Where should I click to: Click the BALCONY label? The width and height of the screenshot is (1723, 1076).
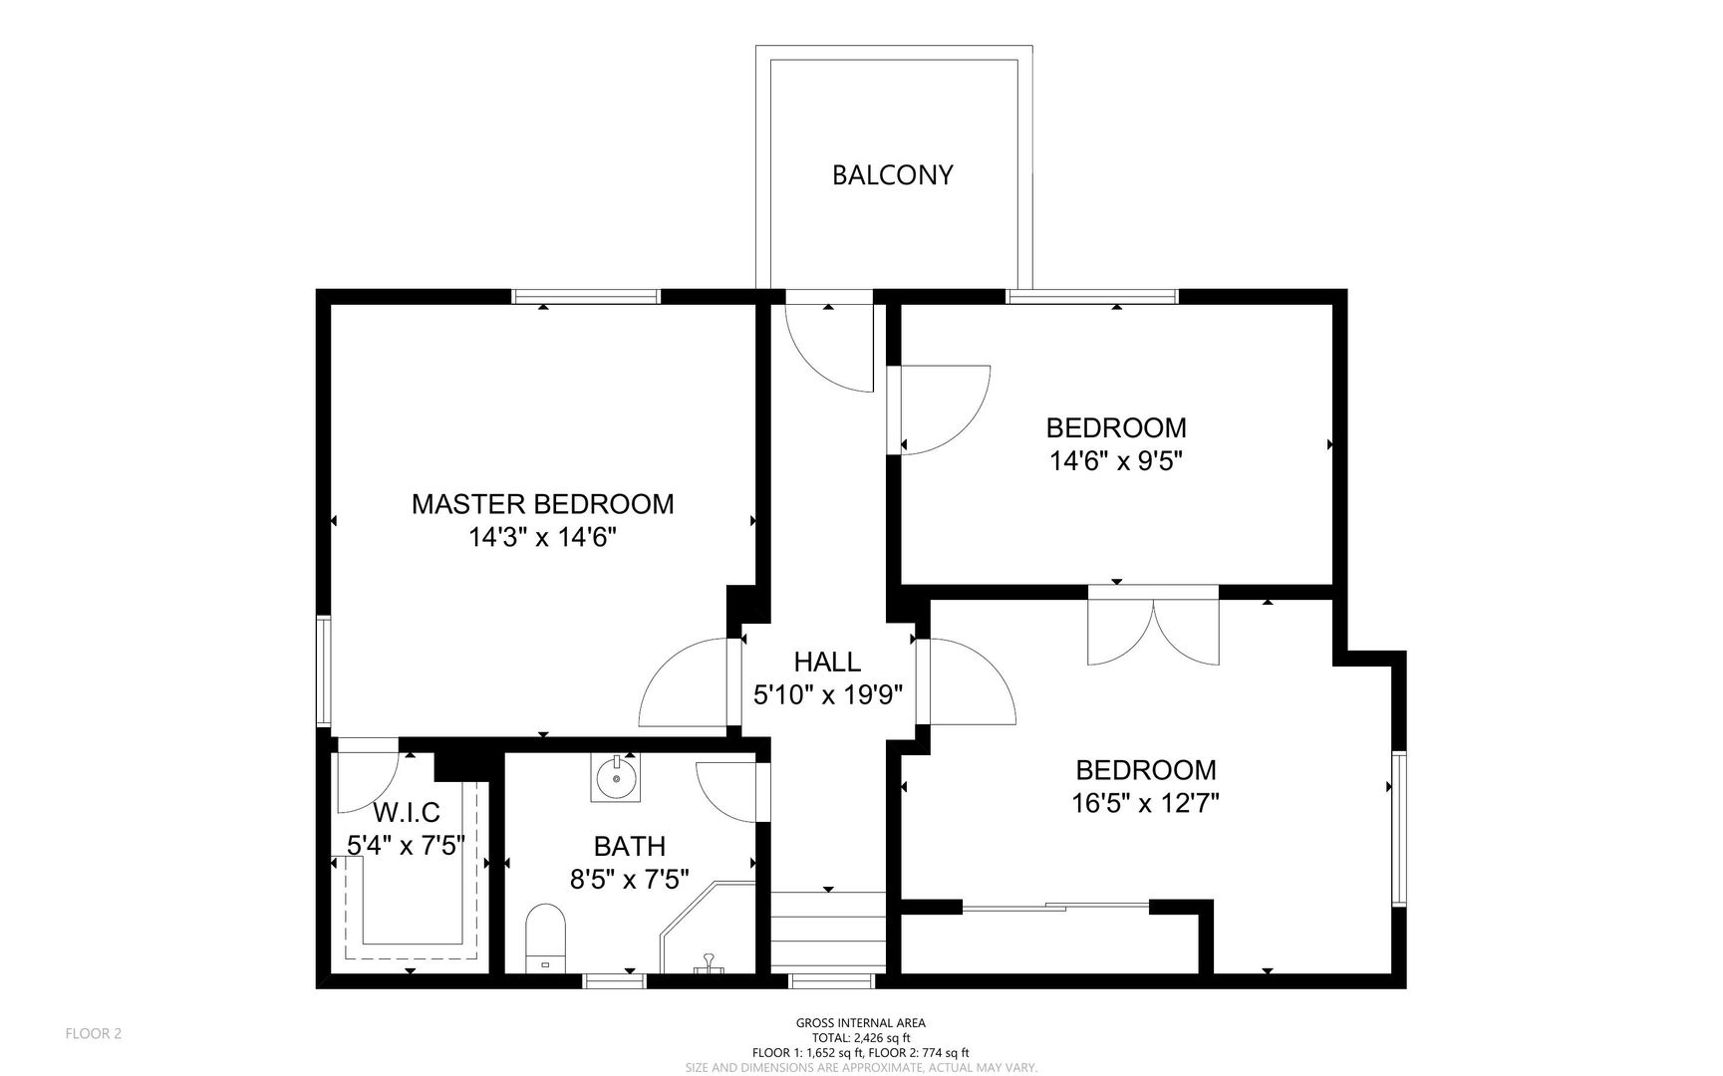[893, 175]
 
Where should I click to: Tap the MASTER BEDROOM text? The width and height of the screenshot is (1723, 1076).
[543, 504]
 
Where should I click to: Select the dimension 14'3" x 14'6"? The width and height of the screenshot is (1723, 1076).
[543, 538]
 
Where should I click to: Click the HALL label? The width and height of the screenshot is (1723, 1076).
[827, 662]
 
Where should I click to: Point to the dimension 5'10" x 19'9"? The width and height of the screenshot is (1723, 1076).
[828, 695]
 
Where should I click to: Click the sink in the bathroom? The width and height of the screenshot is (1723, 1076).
[617, 777]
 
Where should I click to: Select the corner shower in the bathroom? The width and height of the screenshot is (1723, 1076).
[709, 927]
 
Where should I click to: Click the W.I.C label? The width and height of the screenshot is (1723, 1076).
[407, 813]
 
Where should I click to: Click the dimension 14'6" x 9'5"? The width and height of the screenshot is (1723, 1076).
[1116, 461]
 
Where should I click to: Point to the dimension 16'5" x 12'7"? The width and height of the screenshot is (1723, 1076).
[1146, 803]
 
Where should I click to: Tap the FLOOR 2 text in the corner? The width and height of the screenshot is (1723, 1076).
[94, 1034]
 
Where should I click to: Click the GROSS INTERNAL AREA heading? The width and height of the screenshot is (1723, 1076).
[861, 1023]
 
